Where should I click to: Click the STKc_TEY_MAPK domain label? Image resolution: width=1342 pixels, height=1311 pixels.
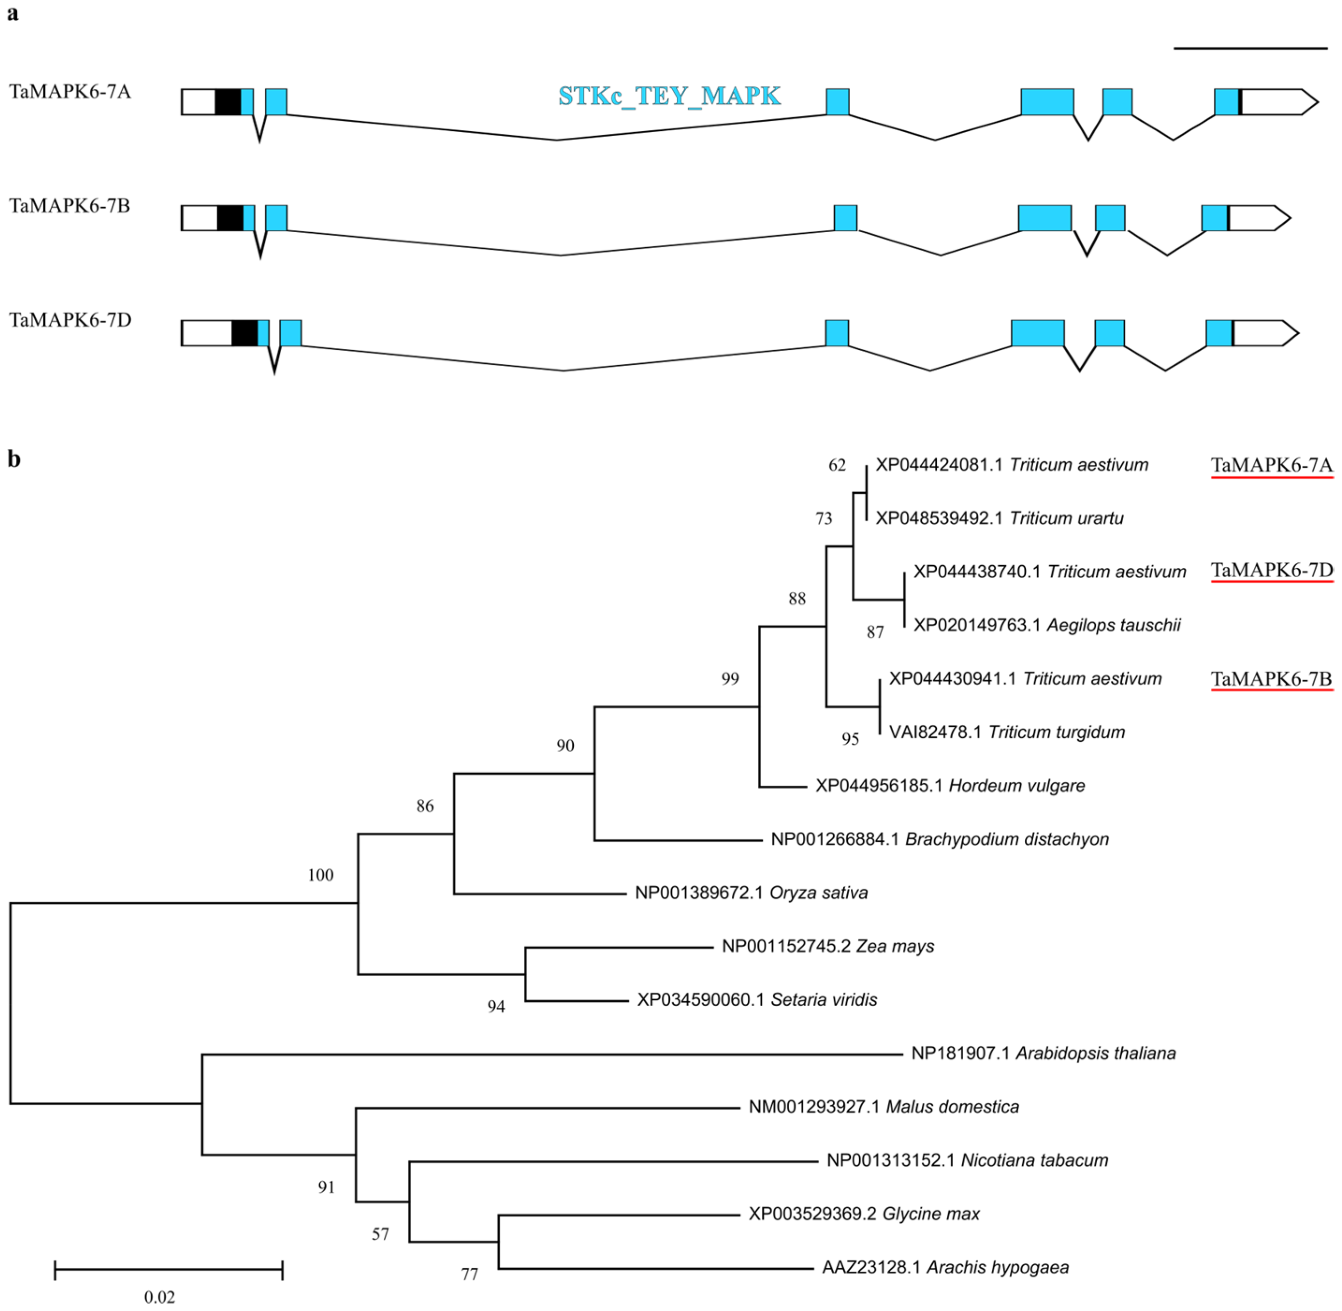669,96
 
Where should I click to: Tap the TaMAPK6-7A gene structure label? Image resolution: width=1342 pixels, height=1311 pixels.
70,91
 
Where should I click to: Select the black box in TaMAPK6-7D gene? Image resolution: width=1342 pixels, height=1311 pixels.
245,333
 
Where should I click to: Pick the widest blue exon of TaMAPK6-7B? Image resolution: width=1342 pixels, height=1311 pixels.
1045,218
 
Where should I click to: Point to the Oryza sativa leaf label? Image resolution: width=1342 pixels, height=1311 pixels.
750,893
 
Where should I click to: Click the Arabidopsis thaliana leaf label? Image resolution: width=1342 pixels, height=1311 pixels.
1043,1053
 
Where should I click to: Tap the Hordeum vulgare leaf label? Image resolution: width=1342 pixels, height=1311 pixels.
950,786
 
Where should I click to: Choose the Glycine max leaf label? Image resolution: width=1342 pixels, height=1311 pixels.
864,1214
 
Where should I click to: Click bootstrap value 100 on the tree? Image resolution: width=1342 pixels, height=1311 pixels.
320,875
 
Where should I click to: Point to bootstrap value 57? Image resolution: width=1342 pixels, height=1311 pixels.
381,1234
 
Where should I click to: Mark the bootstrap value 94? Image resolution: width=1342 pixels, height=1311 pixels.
496,1007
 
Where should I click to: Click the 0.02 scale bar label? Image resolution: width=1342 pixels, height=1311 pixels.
160,1297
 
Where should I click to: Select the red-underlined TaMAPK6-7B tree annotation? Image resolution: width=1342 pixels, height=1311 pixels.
1271,679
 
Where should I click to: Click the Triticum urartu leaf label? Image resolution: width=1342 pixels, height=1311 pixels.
999,519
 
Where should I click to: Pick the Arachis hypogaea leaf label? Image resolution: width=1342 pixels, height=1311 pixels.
945,1268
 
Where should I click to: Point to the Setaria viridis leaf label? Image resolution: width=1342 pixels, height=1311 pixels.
757,1000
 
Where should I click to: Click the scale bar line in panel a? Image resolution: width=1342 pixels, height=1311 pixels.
1251,48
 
